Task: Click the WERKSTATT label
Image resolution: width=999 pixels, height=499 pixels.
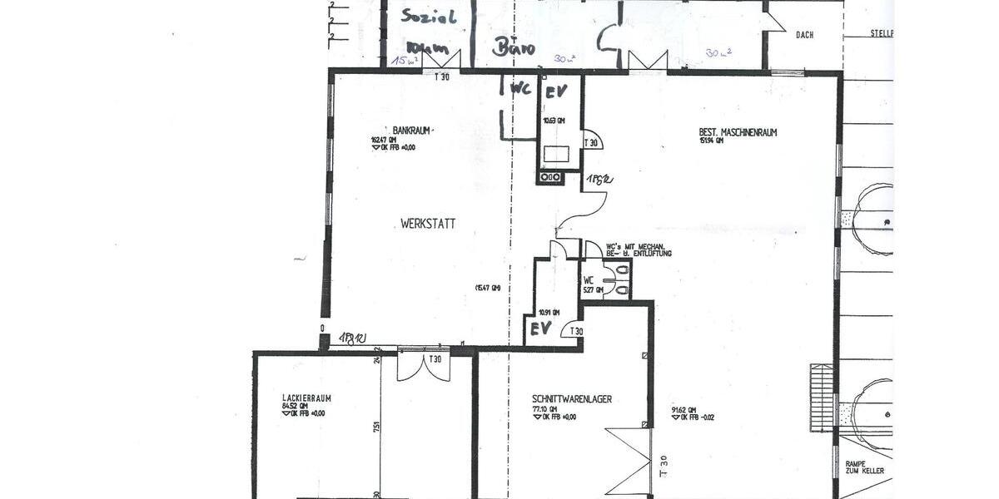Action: tap(428, 224)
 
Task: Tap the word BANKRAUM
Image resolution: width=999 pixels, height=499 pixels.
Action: tap(411, 131)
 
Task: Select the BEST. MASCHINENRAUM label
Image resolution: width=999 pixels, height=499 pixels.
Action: tap(738, 131)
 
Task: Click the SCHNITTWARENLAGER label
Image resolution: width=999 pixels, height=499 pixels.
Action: tap(571, 399)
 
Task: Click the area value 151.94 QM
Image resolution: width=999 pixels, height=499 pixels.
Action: tap(712, 141)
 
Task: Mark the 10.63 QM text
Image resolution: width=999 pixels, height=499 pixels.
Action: tap(554, 121)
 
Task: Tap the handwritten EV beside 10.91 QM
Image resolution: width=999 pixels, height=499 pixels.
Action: tap(541, 329)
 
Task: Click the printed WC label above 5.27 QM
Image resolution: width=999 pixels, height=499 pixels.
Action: tap(588, 279)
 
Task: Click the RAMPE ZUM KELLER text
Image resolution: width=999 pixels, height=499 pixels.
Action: tap(864, 467)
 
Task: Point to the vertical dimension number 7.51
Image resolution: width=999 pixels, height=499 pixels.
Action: tap(377, 427)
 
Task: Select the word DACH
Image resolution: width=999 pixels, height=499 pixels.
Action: tap(804, 35)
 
